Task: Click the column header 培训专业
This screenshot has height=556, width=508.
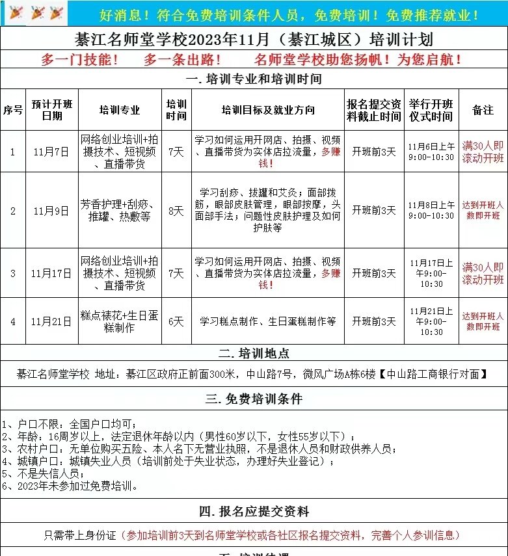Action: (120, 110)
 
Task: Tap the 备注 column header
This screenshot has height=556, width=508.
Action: (483, 110)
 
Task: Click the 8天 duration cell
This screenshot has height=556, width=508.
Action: (176, 210)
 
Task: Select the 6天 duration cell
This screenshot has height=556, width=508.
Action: (176, 321)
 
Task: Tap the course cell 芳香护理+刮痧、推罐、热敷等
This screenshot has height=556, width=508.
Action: (120, 210)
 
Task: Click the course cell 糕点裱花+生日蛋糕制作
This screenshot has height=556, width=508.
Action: (120, 321)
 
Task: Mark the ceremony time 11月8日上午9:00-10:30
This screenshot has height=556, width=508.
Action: (431, 210)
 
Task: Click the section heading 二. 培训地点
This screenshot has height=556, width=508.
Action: (254, 354)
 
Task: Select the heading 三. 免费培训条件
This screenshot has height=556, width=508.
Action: (254, 399)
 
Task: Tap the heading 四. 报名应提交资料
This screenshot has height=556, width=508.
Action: (254, 511)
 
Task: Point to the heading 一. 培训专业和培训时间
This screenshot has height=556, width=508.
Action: (254, 79)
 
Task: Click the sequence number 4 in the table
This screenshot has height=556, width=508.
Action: (13, 321)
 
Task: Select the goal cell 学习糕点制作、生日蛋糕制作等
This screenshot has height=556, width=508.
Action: (267, 321)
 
